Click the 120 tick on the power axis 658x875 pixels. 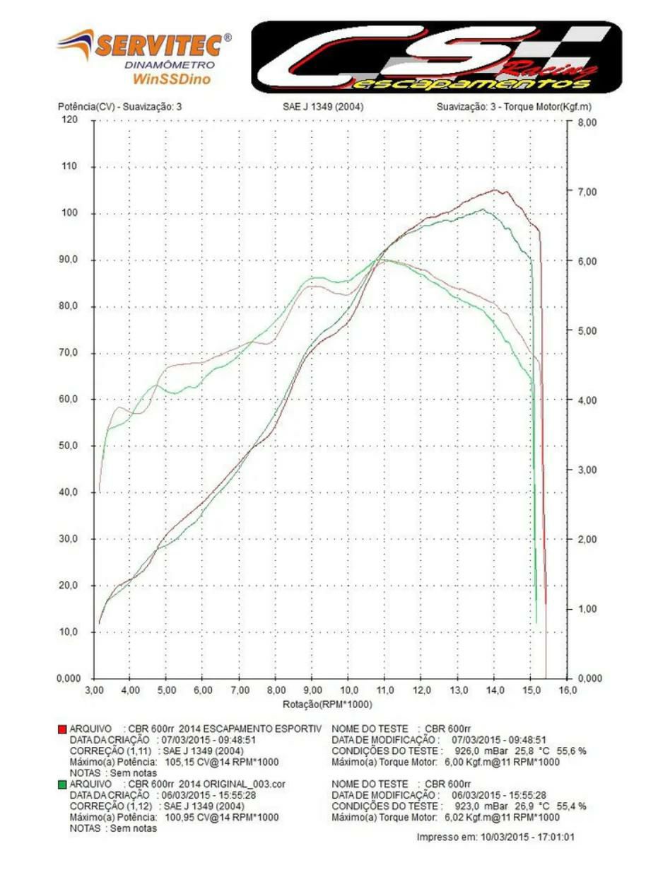click(x=69, y=120)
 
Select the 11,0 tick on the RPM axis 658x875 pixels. click(x=384, y=689)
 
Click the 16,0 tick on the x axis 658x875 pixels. click(x=568, y=689)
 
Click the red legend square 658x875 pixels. click(x=61, y=728)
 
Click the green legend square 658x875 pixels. click(x=61, y=784)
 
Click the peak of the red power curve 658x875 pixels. click(x=496, y=190)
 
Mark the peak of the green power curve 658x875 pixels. click(x=483, y=209)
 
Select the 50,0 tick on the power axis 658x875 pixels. click(x=69, y=446)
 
